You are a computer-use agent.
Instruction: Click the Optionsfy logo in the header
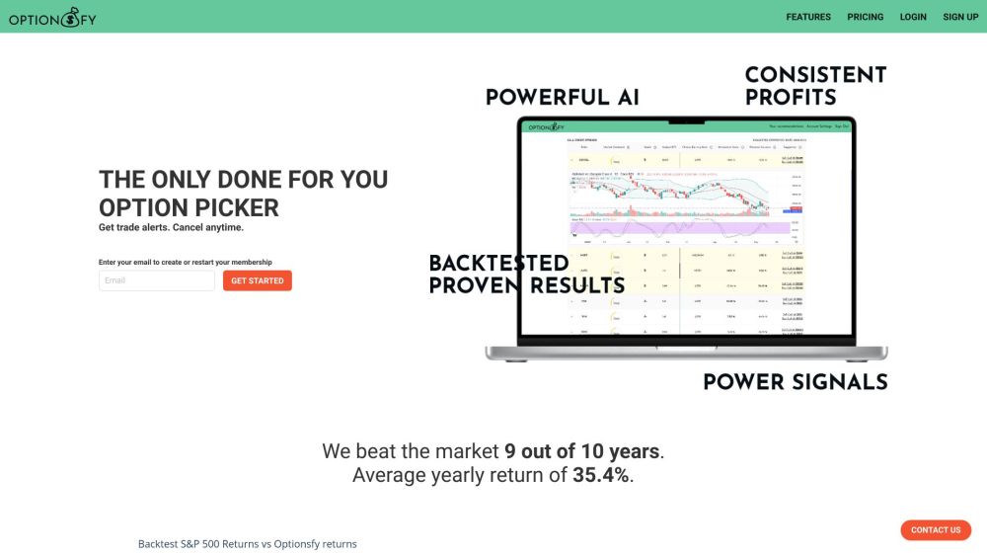coord(53,16)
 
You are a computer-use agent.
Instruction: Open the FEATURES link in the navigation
coord(808,17)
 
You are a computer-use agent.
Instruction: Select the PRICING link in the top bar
coord(865,17)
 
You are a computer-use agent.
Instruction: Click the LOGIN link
coord(913,17)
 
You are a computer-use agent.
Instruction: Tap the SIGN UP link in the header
coord(960,17)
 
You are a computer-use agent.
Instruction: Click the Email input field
coord(157,280)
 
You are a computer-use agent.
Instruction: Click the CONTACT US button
coord(936,530)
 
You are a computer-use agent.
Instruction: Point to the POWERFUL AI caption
coord(563,97)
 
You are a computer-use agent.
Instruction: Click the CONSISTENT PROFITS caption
coord(815,86)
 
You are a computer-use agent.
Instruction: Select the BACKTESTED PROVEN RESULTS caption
coord(526,275)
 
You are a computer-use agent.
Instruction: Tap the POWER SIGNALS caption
coord(795,382)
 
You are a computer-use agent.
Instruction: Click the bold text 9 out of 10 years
coord(581,451)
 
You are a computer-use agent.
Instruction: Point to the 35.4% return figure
coord(600,475)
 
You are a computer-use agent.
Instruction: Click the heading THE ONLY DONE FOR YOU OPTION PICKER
coord(243,194)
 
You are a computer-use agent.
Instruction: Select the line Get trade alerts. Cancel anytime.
coord(171,227)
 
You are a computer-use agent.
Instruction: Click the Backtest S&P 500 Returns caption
coord(247,544)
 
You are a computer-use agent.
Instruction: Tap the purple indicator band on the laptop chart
coord(681,228)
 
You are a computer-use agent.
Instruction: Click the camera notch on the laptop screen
coord(687,120)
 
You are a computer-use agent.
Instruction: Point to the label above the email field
coord(185,262)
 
